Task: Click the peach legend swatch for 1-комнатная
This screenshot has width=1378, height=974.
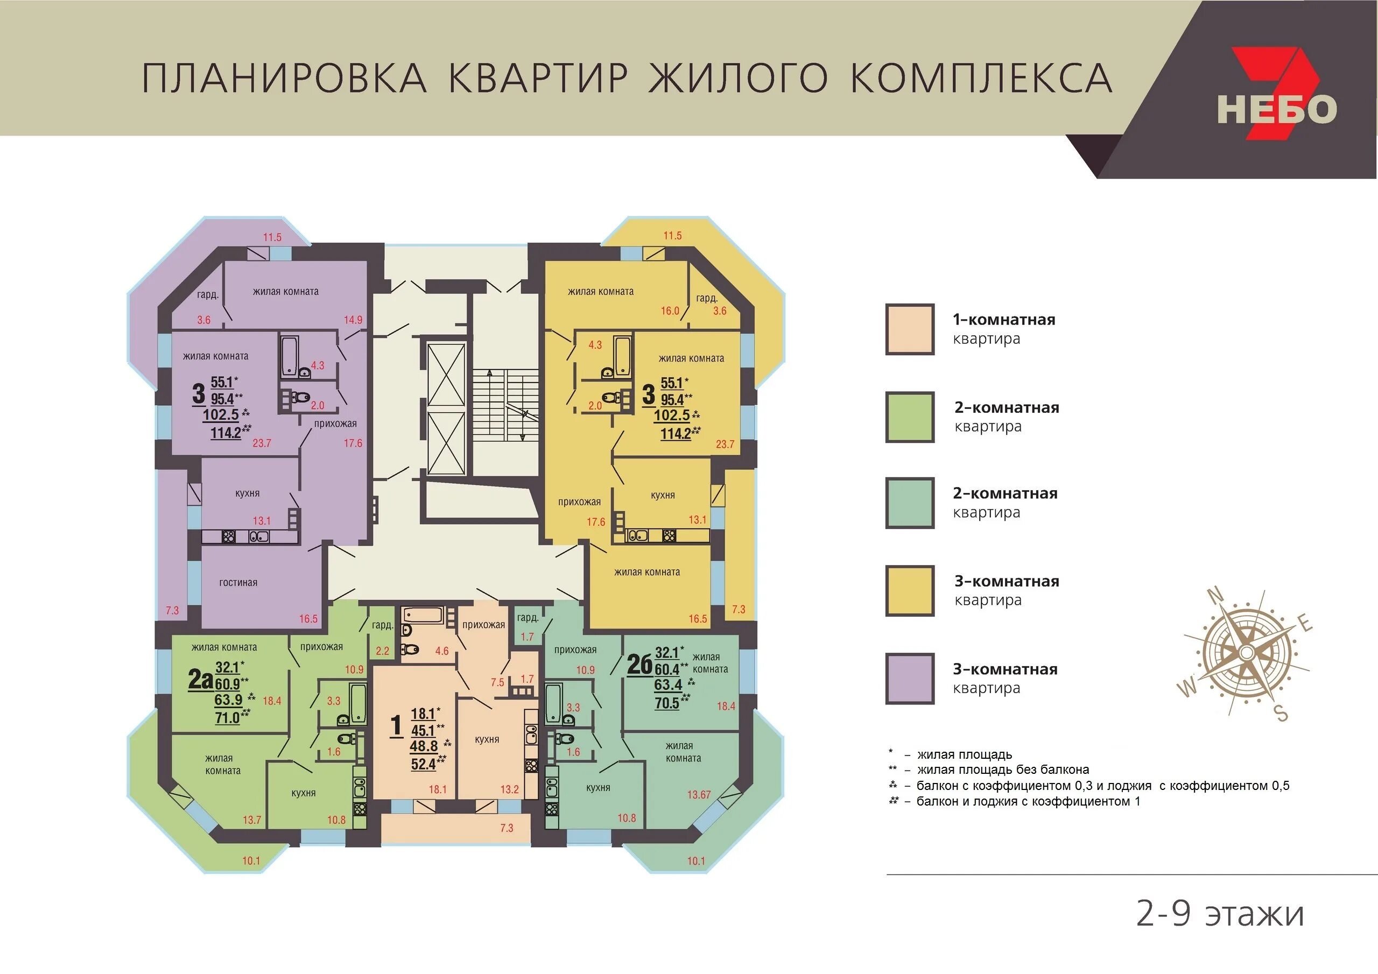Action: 910,329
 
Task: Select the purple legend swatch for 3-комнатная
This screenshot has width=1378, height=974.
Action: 910,679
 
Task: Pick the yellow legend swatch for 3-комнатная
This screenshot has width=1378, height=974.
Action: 910,590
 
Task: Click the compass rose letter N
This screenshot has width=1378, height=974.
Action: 1216,597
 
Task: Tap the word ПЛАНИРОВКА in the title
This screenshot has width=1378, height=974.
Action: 284,77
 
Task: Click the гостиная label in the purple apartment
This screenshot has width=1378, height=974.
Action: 238,582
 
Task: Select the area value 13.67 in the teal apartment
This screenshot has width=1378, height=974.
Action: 699,795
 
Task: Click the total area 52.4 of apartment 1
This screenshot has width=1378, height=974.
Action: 423,764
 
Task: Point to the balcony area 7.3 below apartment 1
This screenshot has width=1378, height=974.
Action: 507,828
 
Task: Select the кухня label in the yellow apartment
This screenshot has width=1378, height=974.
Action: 663,495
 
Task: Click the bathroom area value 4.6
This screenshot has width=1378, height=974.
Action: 442,651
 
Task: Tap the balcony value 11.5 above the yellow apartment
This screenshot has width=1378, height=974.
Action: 672,236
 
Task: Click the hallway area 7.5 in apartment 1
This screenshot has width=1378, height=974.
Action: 497,682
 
